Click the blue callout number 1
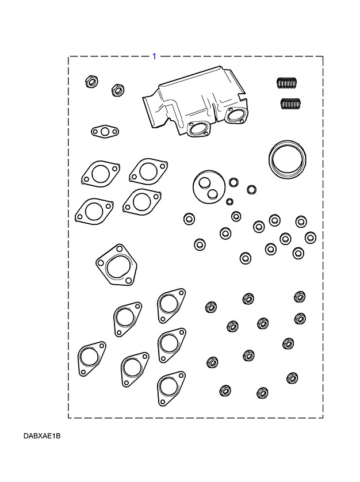(x=154, y=56)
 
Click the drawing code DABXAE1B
(x=42, y=436)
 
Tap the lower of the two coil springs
(x=292, y=104)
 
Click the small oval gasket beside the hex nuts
(x=104, y=132)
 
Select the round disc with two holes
(x=208, y=186)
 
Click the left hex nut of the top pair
(x=90, y=81)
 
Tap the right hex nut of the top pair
(x=117, y=89)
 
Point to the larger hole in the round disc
(x=204, y=182)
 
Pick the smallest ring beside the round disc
(x=230, y=201)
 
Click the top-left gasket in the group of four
(x=100, y=173)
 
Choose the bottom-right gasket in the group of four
(x=140, y=201)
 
